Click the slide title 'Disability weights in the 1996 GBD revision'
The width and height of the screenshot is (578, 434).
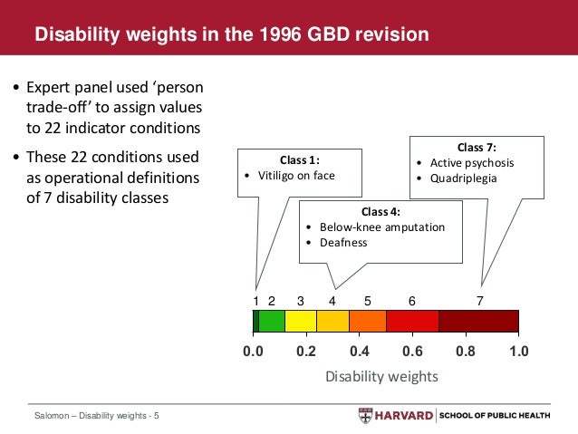pos(231,35)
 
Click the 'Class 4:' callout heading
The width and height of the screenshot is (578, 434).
pos(381,210)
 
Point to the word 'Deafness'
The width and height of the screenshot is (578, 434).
pos(342,243)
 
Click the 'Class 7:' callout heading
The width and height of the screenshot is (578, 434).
pos(477,146)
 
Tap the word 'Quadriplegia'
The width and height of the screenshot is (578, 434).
pos(462,178)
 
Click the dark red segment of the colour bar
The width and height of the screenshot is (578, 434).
pos(478,321)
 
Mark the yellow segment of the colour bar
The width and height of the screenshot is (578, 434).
pos(301,321)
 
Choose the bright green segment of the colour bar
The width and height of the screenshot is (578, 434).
pos(272,321)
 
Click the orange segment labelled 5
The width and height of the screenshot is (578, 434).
pos(367,321)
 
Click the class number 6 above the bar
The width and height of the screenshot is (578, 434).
pos(412,300)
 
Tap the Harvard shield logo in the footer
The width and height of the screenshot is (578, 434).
pos(365,416)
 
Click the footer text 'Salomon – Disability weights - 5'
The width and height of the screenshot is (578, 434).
pos(91,416)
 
